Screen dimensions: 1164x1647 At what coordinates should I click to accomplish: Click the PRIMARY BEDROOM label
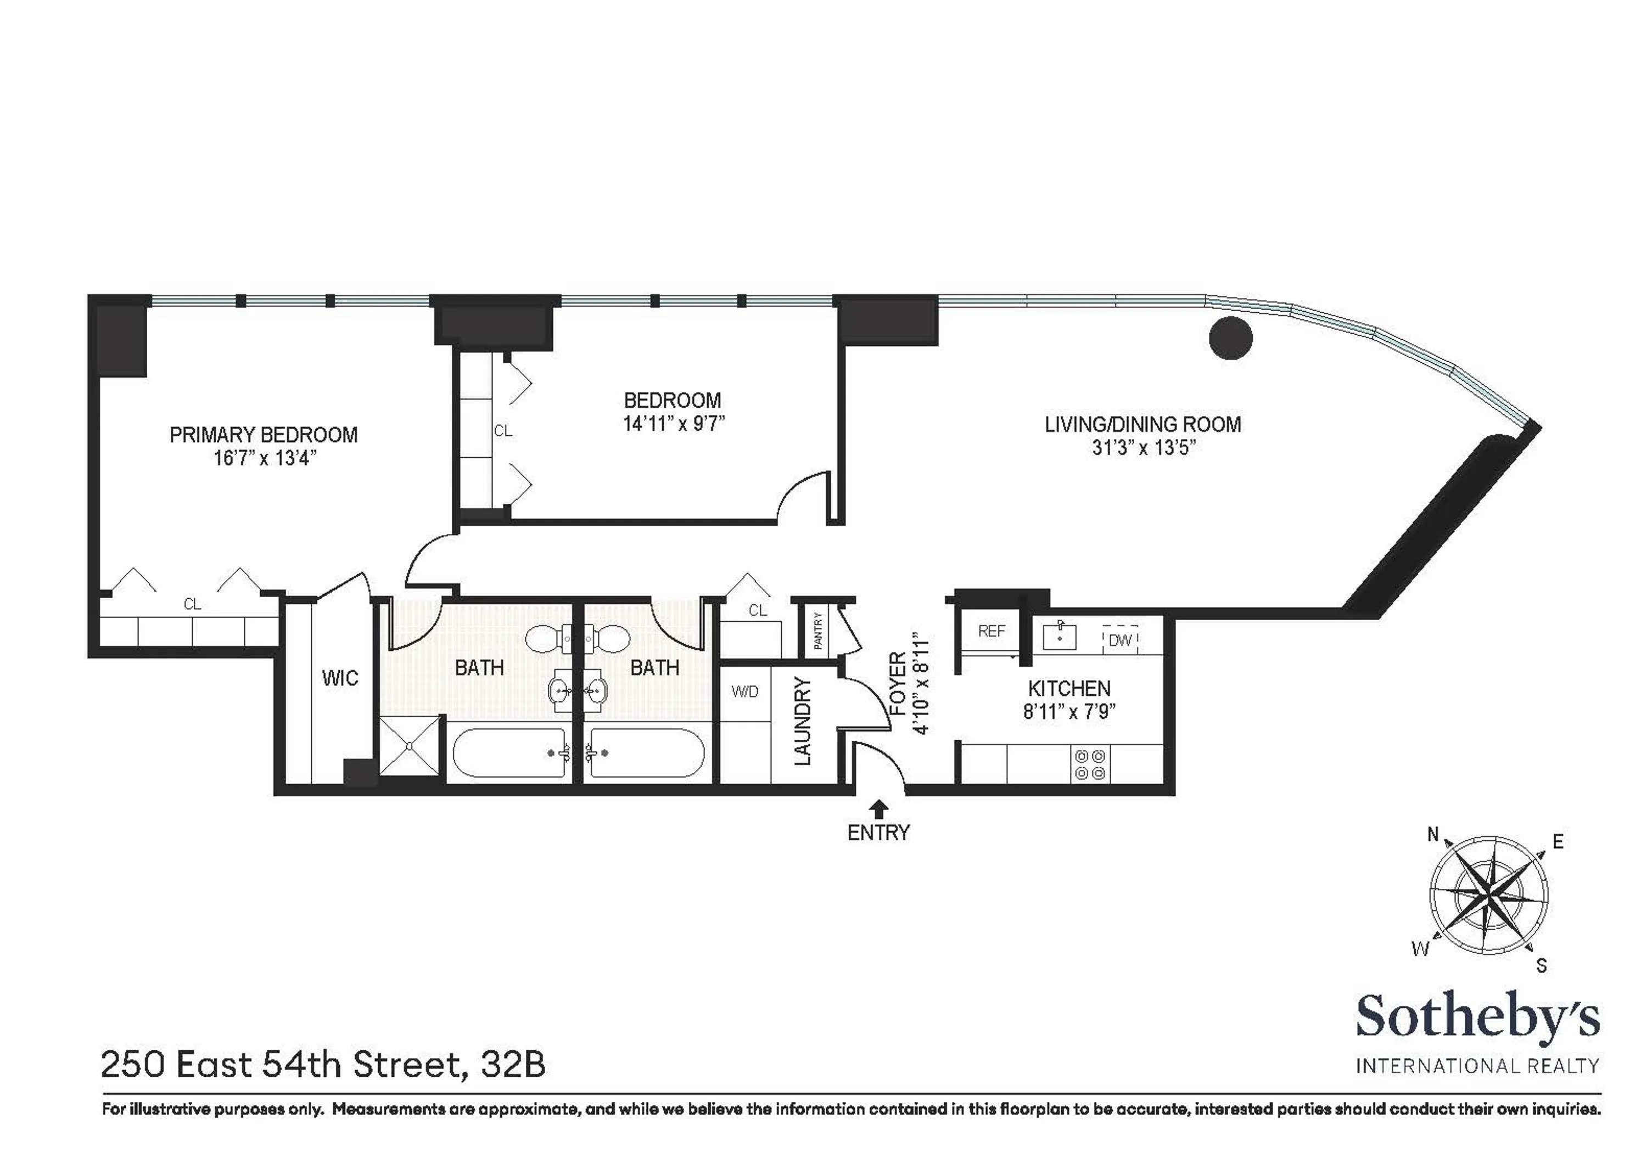(x=264, y=435)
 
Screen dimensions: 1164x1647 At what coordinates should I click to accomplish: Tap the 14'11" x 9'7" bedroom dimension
(x=673, y=424)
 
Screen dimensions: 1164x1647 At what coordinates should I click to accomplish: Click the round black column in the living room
(x=1230, y=338)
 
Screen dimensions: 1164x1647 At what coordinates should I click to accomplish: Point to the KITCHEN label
(x=1068, y=689)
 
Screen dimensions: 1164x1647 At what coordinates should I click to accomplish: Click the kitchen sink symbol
(x=1059, y=636)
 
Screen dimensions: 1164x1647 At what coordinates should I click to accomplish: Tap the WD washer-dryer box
(x=744, y=692)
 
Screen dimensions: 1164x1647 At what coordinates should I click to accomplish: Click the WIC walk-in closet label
(x=339, y=678)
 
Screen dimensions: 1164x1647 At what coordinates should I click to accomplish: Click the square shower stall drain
(x=408, y=746)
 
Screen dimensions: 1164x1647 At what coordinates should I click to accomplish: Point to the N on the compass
(x=1432, y=834)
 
